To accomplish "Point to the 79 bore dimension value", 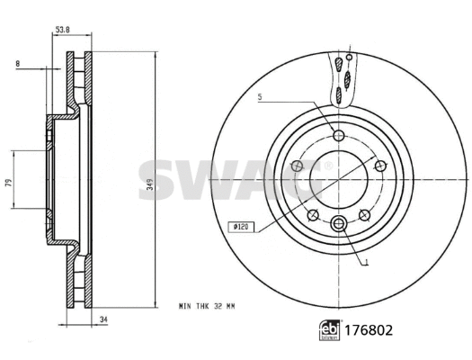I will click(x=8, y=183).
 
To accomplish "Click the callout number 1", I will click(x=367, y=263).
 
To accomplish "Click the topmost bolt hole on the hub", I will click(x=339, y=136).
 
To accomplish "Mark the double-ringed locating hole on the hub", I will click(x=339, y=224).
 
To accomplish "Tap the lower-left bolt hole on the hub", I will click(x=312, y=214).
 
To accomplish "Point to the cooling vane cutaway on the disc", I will click(x=340, y=77).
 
